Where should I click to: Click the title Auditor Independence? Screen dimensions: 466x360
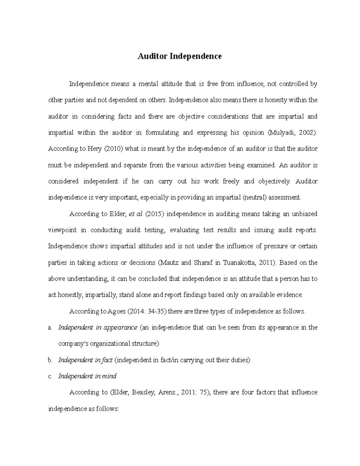(179, 56)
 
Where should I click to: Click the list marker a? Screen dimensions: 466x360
(50, 327)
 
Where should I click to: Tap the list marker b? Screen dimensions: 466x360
(50, 360)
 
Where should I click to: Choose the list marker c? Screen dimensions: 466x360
(50, 376)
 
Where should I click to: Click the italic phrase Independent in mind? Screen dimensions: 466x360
(87, 376)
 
